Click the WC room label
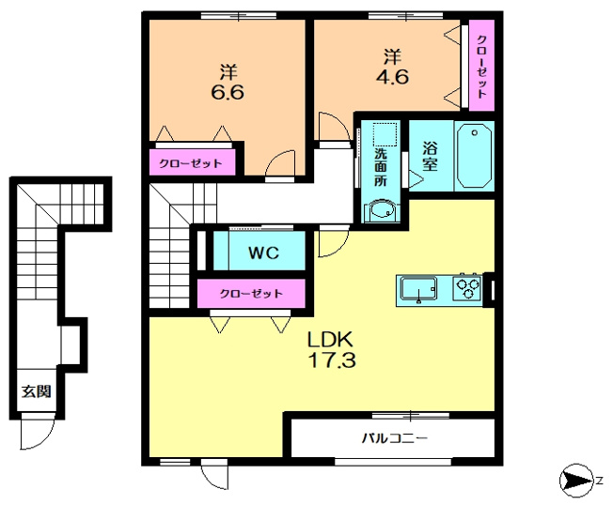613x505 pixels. pyautogui.click(x=263, y=252)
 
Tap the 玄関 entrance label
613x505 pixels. pyautogui.click(x=36, y=390)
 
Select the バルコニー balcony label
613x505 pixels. pyautogui.click(x=394, y=438)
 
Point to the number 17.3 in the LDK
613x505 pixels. pyautogui.click(x=332, y=360)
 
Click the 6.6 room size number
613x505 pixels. pyautogui.click(x=228, y=92)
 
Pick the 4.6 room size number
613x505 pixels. pyautogui.click(x=392, y=76)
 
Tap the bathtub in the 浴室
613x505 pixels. pyautogui.click(x=474, y=156)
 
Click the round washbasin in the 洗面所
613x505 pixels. pyautogui.click(x=381, y=211)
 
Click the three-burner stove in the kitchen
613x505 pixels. pyautogui.click(x=466, y=288)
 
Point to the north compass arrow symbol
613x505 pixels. pyautogui.click(x=576, y=481)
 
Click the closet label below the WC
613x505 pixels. pyautogui.click(x=251, y=293)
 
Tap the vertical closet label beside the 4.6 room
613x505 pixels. pyautogui.click(x=481, y=67)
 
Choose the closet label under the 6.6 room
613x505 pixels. pyautogui.click(x=191, y=162)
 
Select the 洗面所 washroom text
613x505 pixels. pyautogui.click(x=381, y=167)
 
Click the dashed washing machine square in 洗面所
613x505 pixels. pyautogui.click(x=385, y=134)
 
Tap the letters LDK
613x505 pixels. pyautogui.click(x=330, y=340)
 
